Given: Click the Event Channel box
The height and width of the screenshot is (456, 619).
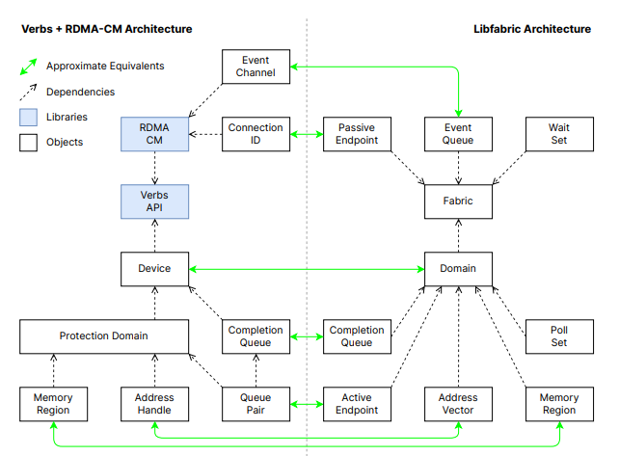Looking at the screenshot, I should coord(256,67).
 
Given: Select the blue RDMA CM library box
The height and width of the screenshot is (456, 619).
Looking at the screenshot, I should coord(154,134).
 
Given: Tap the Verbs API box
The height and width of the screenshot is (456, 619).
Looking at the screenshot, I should coord(154,201).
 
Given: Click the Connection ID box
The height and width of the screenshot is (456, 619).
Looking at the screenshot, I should coord(256,134).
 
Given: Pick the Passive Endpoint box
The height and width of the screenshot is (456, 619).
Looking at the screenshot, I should coord(357,134).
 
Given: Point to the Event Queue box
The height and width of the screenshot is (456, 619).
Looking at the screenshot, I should coord(459,134).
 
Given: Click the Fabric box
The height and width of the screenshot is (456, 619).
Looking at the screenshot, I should coord(459,201).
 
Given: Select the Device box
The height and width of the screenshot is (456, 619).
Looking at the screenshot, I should coord(154,268).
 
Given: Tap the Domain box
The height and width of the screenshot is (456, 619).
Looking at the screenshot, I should coord(459,268).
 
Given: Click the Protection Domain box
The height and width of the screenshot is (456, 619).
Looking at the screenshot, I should coord(104,335).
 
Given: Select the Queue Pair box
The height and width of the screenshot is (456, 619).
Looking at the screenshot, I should coord(256,403).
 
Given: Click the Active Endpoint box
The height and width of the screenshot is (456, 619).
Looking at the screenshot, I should coord(357,403).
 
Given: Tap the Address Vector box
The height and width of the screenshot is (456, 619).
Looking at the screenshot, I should coord(459,403).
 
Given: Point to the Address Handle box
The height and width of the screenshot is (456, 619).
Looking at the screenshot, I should coord(154,403).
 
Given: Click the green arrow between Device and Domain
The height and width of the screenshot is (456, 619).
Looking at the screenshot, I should coord(307,268).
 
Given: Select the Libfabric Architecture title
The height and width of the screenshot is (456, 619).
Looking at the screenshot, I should coord(532,30).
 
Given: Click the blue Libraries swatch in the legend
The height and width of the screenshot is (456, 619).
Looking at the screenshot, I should coord(29,117).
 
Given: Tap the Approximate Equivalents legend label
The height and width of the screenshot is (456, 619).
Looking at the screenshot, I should coord(104,67).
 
